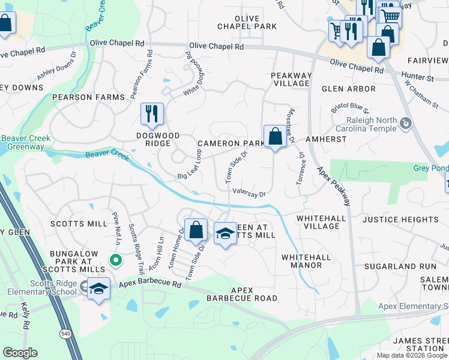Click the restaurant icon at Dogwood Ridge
tap(152, 113)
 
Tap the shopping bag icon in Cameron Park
tap(275, 136)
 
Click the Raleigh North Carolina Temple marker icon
tap(406, 124)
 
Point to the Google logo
tap(20, 353)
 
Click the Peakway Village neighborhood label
tap(291, 79)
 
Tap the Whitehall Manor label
tap(306, 260)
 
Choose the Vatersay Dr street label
tap(249, 193)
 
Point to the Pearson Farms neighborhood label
tap(88, 97)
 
